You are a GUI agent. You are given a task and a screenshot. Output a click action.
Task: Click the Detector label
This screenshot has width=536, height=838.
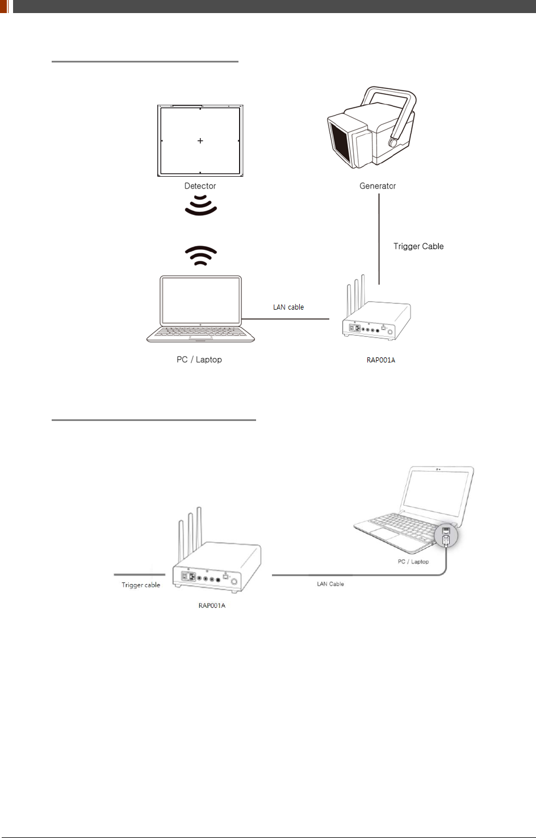click(x=200, y=186)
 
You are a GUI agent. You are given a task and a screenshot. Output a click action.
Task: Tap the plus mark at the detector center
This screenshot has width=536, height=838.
click(x=200, y=140)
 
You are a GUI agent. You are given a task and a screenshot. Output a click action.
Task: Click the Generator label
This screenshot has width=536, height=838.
click(x=378, y=186)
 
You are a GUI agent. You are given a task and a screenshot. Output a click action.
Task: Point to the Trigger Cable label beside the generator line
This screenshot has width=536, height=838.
click(x=418, y=246)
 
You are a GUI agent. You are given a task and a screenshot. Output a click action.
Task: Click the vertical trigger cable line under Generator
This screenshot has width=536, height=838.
click(x=379, y=239)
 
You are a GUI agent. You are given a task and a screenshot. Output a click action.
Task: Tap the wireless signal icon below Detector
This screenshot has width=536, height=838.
click(x=201, y=205)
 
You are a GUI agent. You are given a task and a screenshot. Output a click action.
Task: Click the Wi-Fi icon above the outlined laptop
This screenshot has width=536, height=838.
click(x=201, y=256)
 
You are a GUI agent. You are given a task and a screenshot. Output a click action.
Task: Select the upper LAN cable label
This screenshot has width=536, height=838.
click(x=288, y=307)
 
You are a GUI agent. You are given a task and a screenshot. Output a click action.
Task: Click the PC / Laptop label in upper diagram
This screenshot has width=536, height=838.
click(x=199, y=360)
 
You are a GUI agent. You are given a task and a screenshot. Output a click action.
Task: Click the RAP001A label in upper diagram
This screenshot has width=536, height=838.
click(x=381, y=360)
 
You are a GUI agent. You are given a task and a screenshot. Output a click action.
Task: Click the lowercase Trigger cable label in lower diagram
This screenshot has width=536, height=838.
click(x=141, y=585)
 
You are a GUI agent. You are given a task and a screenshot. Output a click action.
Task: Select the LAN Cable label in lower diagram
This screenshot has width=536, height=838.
click(x=330, y=584)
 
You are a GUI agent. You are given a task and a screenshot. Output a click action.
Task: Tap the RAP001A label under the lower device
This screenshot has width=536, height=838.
click(x=212, y=606)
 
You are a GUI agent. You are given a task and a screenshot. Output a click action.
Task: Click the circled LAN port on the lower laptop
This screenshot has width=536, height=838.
click(x=446, y=536)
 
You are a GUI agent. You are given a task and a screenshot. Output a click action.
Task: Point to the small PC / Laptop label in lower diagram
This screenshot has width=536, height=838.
click(x=413, y=562)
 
